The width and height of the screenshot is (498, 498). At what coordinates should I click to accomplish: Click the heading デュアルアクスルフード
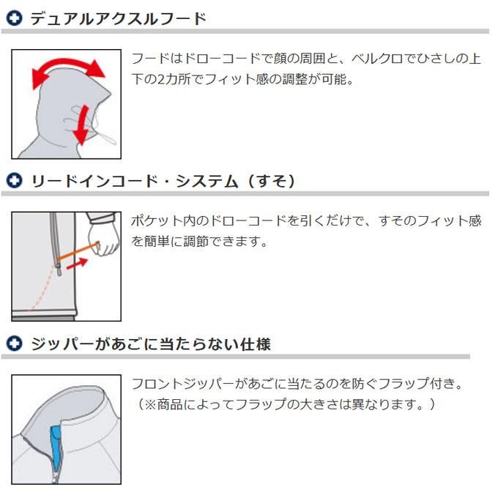pos(118,18)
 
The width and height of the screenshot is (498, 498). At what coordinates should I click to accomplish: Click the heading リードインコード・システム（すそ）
pos(163,181)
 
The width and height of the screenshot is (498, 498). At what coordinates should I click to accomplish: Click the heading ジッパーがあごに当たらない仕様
pos(151,344)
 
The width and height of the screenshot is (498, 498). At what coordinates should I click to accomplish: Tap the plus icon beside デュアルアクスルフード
pos(15,18)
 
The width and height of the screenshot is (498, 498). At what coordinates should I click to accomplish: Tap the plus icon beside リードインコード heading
pos(15,181)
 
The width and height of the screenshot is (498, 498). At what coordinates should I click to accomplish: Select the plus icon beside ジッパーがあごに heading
pos(15,343)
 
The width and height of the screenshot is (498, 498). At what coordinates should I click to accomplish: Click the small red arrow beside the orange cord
pos(77,264)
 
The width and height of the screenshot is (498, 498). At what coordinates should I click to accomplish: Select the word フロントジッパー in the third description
pos(182,384)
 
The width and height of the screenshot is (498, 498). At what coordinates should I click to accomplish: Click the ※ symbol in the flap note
pos(150,404)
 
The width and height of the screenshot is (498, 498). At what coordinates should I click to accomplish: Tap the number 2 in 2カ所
pos(161,79)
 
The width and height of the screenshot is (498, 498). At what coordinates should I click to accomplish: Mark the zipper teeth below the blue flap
pos(56,477)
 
